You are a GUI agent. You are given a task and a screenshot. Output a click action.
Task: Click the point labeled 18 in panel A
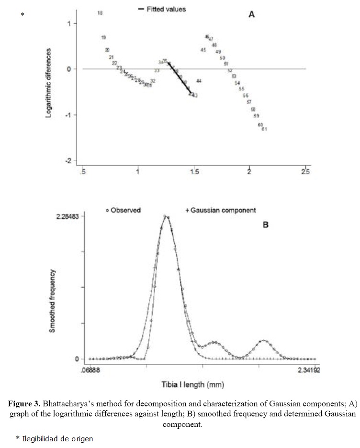coord(100,13)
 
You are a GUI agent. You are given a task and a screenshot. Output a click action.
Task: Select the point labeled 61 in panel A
coord(264,129)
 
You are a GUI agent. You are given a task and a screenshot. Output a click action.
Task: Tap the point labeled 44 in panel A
coord(199,81)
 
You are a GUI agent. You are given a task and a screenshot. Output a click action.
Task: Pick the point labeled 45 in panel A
coord(203,50)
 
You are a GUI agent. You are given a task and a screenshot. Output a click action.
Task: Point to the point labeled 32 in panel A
coord(153,81)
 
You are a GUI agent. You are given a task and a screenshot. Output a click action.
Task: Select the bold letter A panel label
coord(251,14)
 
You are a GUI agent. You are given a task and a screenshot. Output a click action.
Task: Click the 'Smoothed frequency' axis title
coord(53,301)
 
